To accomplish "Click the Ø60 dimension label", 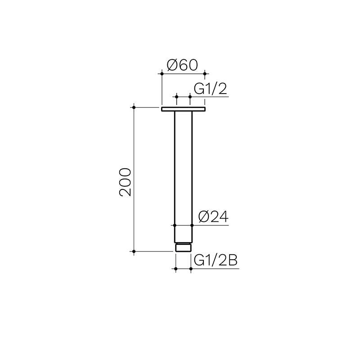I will (182, 65).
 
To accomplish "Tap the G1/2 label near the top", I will (210, 89).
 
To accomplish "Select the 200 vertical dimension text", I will (125, 182).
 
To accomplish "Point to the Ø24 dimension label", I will (213, 218).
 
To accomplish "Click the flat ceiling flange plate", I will (183, 108).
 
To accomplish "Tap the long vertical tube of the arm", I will (183, 166).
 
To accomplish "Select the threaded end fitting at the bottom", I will (183, 247).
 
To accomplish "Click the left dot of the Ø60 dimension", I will (162, 72).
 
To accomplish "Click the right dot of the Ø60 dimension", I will (205, 72).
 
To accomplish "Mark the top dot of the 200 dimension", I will (134, 107).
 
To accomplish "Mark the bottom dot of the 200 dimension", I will (134, 252).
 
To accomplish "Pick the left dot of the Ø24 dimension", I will (175, 225).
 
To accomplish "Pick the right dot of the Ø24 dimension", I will (192, 225).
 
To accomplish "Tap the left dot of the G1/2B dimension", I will (175, 269).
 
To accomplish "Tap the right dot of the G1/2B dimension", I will (191, 269).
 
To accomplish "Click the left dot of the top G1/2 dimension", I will (176, 96).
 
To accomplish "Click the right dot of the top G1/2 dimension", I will (190, 96).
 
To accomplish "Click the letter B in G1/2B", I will (232, 261).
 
